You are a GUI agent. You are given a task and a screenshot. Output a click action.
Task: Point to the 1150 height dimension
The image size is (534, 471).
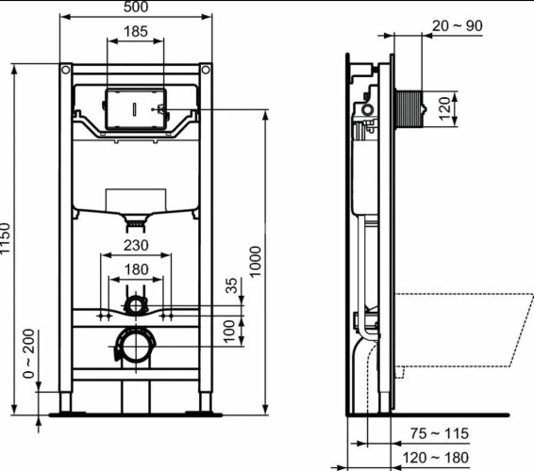click(8, 243)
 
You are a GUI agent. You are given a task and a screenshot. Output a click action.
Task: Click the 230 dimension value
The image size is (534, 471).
click(136, 244)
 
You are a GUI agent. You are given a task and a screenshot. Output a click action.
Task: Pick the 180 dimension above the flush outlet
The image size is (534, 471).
click(136, 270)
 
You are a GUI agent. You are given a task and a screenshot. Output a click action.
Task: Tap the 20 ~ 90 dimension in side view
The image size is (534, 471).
click(459, 25)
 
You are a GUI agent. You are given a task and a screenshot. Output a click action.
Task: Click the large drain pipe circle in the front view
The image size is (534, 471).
click(136, 347)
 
